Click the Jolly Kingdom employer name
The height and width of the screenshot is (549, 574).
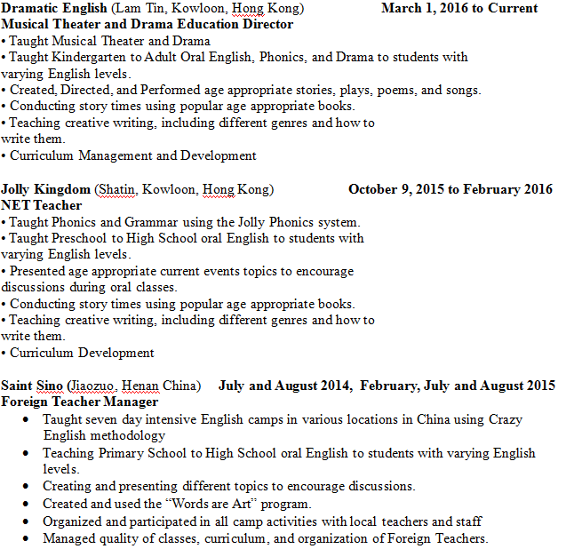(x=45, y=189)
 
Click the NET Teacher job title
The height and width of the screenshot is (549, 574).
(x=42, y=205)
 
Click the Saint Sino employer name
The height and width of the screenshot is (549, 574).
(x=32, y=386)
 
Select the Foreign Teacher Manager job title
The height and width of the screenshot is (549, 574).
(x=80, y=402)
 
